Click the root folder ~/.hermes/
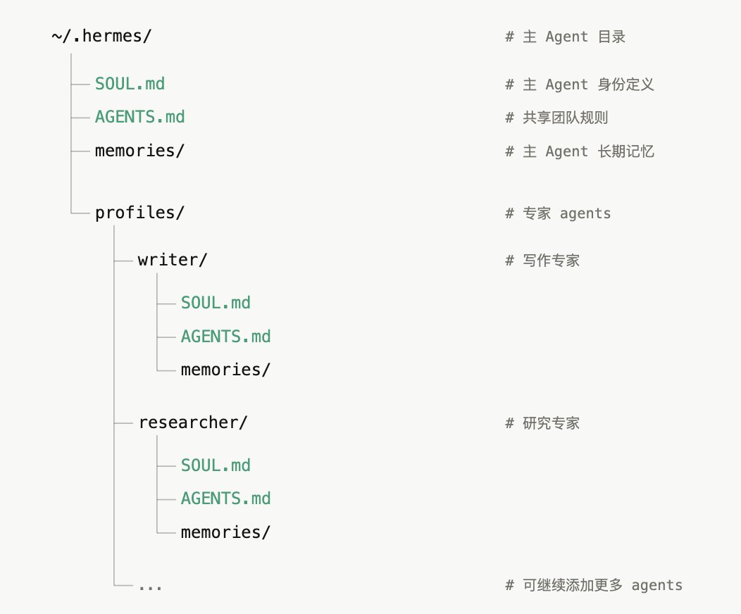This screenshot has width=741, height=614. coord(101,37)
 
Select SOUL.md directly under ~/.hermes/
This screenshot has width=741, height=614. coord(130,84)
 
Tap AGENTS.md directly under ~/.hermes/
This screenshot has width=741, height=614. coord(139,117)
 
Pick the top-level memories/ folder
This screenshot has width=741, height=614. coord(139,151)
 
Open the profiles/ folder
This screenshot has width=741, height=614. coord(139,213)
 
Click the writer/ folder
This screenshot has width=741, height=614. coord(173,260)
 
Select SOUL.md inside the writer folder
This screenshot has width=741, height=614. coord(216,303)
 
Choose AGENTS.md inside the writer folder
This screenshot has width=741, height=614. coord(225,337)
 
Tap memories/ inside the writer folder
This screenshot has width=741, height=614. coord(225,370)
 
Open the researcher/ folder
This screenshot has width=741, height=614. coord(193,422)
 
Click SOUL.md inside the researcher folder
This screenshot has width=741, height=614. coord(216,465)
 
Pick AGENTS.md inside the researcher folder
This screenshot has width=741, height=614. coord(225,499)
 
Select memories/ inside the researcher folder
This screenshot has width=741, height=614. coord(225,532)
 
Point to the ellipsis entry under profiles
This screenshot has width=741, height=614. coord(150,586)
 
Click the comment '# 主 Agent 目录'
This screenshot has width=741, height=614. coord(565,37)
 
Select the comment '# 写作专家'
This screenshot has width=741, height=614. coord(542,261)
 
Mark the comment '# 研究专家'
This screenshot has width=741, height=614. coord(542,423)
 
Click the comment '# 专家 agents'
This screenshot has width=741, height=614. coord(558,213)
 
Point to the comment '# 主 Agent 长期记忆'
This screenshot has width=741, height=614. coord(580,151)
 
